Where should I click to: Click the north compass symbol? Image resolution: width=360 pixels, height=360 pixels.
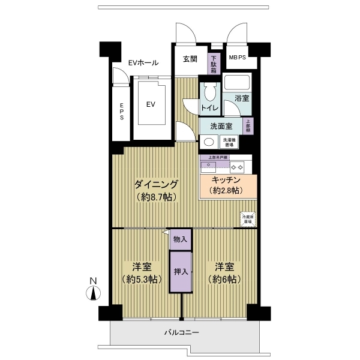pos(93,291)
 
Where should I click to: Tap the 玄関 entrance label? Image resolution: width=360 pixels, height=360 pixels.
pos(190,59)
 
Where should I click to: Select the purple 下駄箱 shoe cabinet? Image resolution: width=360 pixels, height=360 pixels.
pos(213,63)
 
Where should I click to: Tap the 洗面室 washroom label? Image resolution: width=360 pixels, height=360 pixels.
pos(221,126)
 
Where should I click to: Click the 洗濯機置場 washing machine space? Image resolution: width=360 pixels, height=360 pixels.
pos(229,142)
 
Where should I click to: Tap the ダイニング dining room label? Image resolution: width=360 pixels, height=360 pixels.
pos(156,184)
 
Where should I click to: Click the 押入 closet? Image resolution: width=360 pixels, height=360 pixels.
pos(181,271)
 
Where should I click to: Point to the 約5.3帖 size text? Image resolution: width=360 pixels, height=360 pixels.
pos(142,279)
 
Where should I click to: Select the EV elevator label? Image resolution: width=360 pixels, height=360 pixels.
pos(151,104)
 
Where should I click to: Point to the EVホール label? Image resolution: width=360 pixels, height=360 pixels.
pos(143,63)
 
